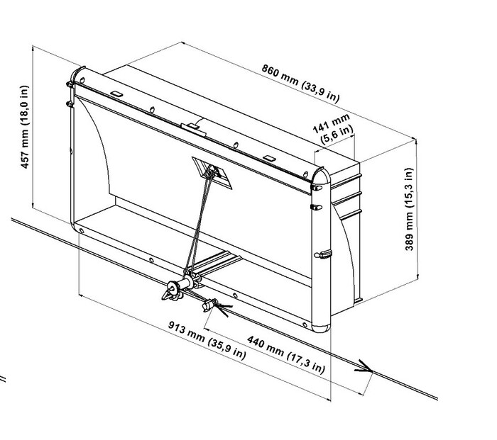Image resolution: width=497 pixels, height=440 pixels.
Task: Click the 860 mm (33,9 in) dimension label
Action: (300, 83)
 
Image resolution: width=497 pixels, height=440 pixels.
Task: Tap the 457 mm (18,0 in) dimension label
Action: (24, 127)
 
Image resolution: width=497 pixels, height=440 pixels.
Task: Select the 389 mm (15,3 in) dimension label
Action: (409, 209)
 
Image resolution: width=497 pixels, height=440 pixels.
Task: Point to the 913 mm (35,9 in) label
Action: (207, 340)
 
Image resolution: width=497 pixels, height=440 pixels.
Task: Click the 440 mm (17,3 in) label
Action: (286, 354)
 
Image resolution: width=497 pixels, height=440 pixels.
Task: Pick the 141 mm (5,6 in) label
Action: (333, 129)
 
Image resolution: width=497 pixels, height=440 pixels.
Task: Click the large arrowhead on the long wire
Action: (364, 367)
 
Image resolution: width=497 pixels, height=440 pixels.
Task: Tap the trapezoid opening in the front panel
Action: (212, 173)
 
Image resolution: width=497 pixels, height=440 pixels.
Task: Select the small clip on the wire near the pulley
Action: (209, 305)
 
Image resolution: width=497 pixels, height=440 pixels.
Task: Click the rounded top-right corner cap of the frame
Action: (321, 176)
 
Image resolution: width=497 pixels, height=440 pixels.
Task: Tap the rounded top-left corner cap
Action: (77, 75)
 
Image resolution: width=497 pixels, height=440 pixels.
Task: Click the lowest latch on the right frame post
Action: (323, 254)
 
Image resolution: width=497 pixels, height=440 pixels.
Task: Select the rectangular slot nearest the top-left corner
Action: (116, 94)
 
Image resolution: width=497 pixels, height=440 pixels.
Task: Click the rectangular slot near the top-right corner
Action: (269, 158)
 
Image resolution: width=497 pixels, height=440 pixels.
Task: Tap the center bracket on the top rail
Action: (193, 130)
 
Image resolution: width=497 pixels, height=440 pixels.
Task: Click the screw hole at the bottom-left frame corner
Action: (82, 231)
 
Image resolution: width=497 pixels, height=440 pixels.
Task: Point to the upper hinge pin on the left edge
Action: (70, 84)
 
